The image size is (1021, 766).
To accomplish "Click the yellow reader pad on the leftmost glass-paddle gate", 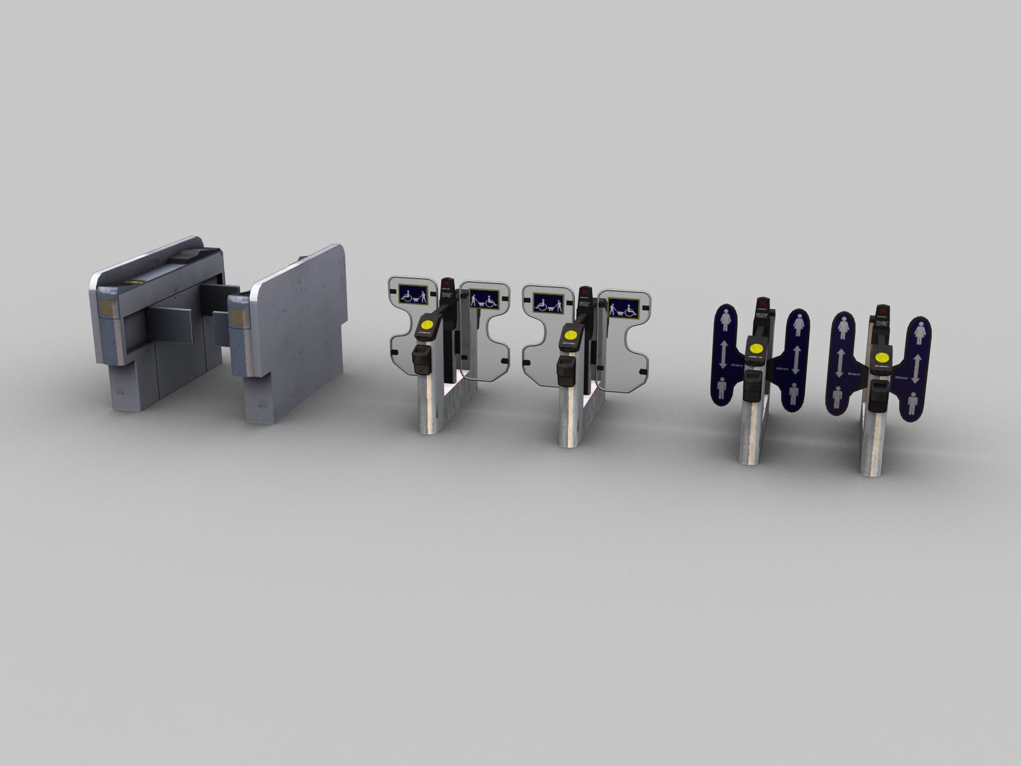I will pyautogui.click(x=426, y=324).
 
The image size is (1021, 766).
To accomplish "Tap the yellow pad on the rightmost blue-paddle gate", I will pyautogui.click(x=883, y=357).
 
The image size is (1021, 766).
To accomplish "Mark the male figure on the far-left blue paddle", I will pyautogui.click(x=722, y=387).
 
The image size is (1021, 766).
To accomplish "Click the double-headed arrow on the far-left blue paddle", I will pyautogui.click(x=723, y=354).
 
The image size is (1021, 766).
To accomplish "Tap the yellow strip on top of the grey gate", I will pyautogui.click(x=133, y=281).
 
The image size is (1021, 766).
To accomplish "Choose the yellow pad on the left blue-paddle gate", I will pyautogui.click(x=757, y=349).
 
